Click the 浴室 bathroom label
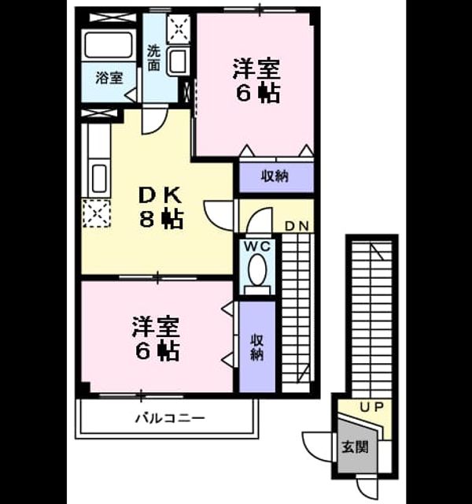pos(109,78)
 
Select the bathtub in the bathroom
pos(109,45)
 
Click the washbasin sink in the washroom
pos(179,62)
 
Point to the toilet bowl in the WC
pos(257,269)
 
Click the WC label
pos(257,246)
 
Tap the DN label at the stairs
pos(297,226)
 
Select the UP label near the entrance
pos(371,407)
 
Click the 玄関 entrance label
pos(355,447)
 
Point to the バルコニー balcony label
pos(170,418)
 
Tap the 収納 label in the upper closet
pos(275,176)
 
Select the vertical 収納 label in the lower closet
pos(257,347)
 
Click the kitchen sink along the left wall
pos(100,179)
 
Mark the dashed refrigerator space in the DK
pos(97,213)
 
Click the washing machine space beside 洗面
pos(179,29)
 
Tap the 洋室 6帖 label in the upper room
pos(256,80)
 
